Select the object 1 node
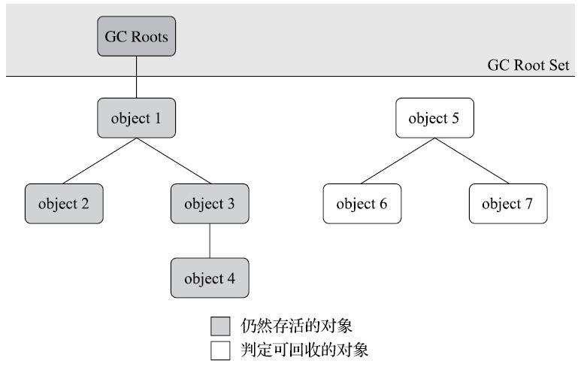click(x=136, y=118)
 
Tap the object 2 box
click(x=63, y=204)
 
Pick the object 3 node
click(x=210, y=204)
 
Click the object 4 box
click(x=210, y=279)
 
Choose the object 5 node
click(x=435, y=118)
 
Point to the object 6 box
click(x=362, y=204)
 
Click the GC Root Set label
click(x=528, y=66)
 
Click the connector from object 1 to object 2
click(x=99, y=161)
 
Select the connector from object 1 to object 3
click(x=173, y=161)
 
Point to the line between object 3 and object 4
click(x=210, y=241)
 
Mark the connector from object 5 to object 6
click(x=398, y=161)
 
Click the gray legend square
click(x=219, y=326)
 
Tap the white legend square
click(x=219, y=350)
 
